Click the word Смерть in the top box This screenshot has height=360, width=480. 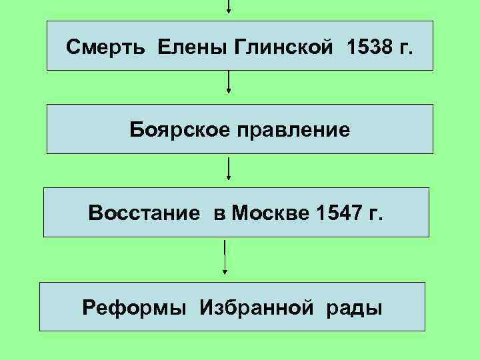[108, 48]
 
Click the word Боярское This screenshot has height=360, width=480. [176, 129]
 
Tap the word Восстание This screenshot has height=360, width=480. [144, 214]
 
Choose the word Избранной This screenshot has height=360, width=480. [254, 308]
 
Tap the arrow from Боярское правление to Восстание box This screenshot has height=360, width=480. [229, 169]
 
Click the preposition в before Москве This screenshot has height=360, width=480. [219, 215]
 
